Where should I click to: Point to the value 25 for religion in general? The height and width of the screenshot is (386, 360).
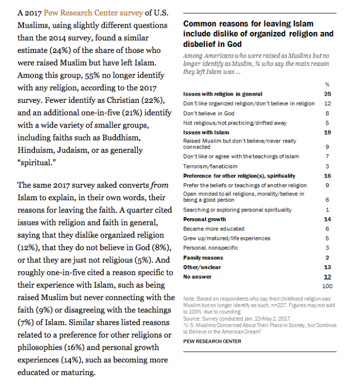[x=328, y=94]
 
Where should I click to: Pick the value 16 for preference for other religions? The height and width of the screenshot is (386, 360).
[x=328, y=176]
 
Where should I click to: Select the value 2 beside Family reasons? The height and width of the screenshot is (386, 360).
[x=328, y=257]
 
